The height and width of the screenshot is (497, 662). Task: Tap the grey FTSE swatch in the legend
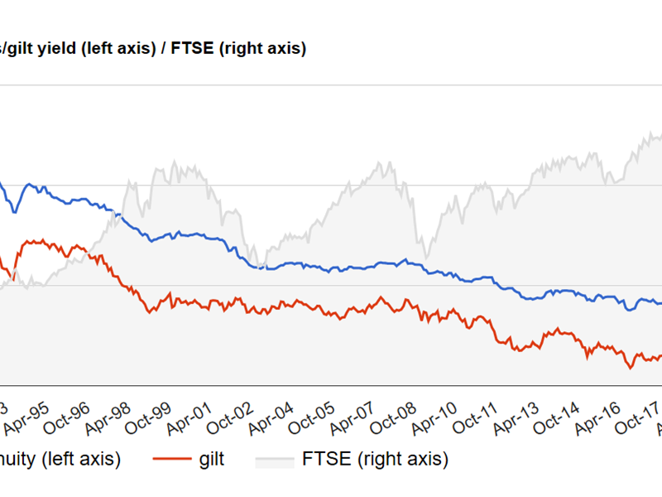pos(274,458)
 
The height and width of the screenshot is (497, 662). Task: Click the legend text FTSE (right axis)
pos(376,458)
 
